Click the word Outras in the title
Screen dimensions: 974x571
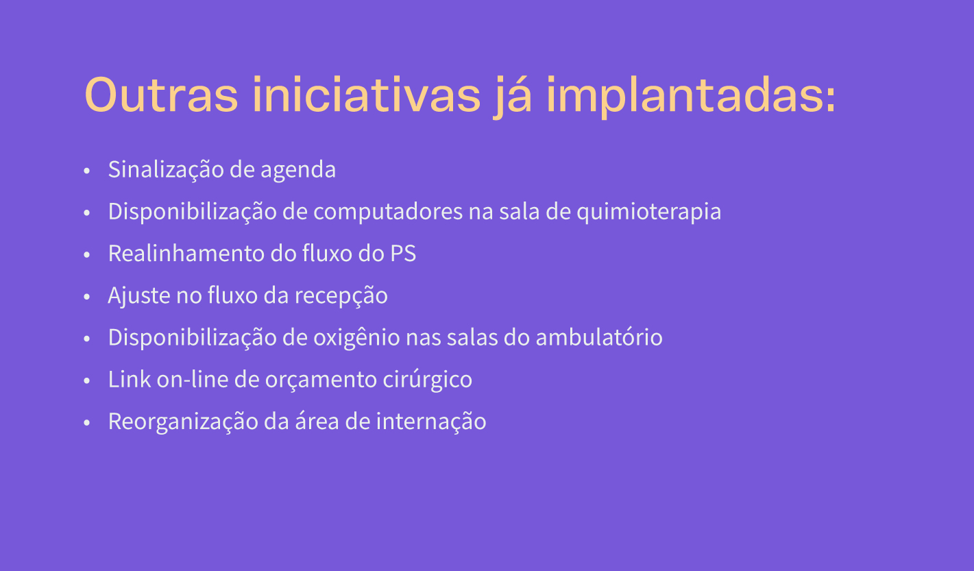[161, 95]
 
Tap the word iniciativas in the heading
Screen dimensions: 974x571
[367, 95]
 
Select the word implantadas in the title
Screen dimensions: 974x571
[691, 97]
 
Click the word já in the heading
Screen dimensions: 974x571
[512, 97]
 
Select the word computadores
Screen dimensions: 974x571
[388, 212]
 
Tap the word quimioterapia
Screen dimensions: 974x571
[648, 212]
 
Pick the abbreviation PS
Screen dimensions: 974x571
[403, 254]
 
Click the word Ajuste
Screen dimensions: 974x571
[139, 295]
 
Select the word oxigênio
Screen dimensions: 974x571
[356, 338]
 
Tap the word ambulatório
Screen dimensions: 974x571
[599, 337]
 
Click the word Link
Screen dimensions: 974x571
[129, 379]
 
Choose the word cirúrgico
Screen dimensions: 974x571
[428, 380]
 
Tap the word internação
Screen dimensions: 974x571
[431, 422]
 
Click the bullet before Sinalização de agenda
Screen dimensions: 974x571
[86, 171]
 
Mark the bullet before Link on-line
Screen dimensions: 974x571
[86, 380]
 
